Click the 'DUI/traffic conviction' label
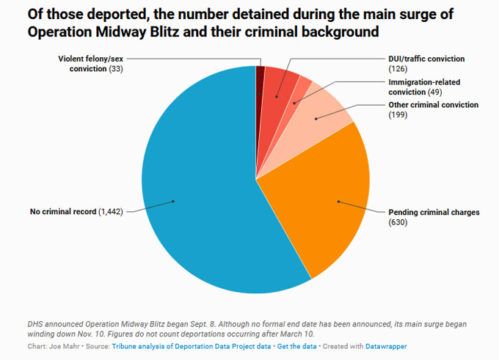(x=426, y=59)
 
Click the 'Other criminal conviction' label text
(x=433, y=105)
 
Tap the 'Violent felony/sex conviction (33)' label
(x=91, y=63)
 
